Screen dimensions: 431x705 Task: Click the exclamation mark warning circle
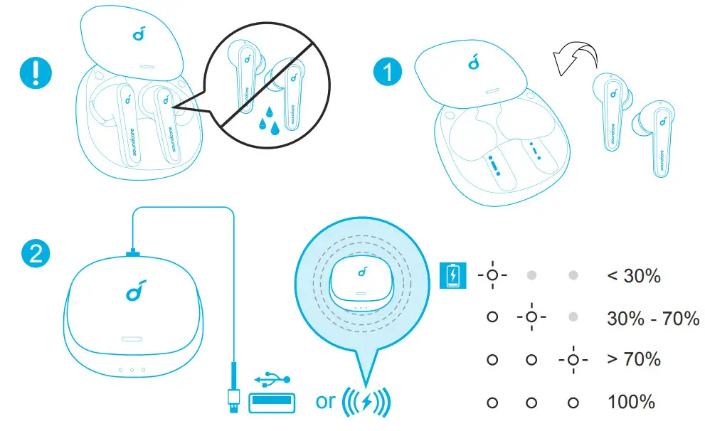[33, 74]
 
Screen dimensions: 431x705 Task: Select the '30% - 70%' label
[653, 317]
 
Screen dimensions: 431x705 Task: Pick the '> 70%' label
[634, 359]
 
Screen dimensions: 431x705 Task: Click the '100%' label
[631, 402]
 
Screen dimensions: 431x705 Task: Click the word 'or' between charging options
[325, 401]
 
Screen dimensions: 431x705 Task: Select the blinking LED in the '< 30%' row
[492, 275]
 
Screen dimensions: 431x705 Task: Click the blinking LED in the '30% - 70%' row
[530, 317]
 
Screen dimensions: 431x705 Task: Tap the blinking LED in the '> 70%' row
[573, 359]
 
